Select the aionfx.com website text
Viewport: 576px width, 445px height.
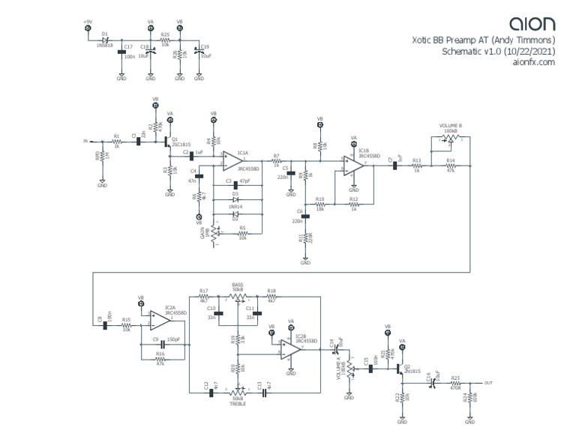point(533,63)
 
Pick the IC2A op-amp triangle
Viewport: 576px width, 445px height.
point(158,321)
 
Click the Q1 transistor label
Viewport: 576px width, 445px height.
point(175,139)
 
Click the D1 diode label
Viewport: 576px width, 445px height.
point(104,34)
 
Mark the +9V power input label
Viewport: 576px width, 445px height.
point(87,21)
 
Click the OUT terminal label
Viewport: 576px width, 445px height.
point(489,383)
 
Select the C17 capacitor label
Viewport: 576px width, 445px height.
point(128,46)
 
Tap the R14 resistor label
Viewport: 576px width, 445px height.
point(450,160)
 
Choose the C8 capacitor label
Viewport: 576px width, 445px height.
point(100,320)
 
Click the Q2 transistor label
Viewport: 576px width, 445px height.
point(408,366)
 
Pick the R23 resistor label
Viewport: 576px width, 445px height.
point(454,378)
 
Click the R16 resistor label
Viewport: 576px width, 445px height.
point(160,353)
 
